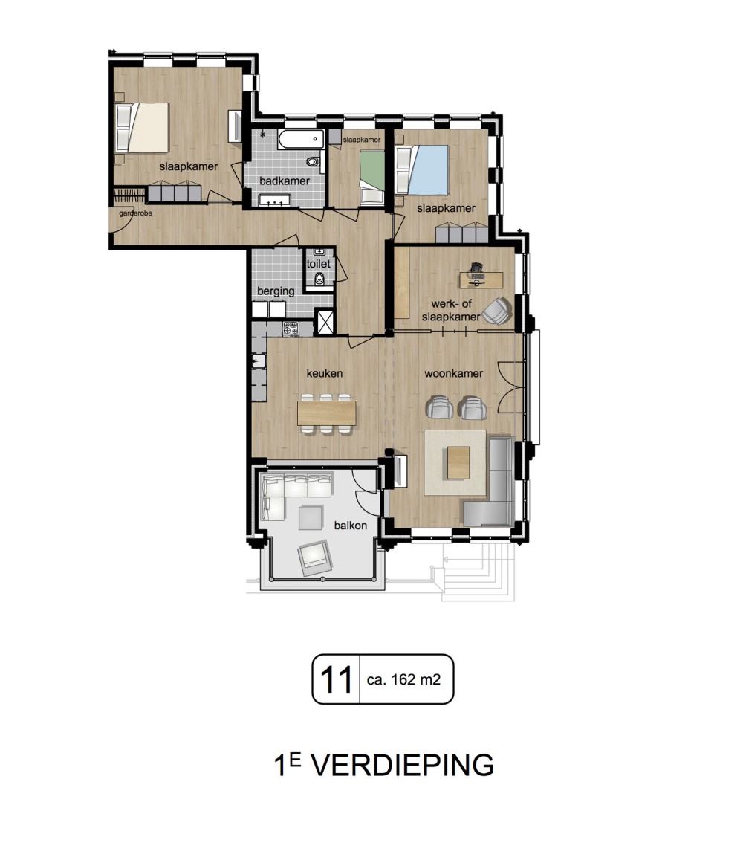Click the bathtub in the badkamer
[301, 139]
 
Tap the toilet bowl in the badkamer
[313, 162]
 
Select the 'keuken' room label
[325, 373]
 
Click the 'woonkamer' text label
[453, 373]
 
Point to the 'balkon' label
[351, 526]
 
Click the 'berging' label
[276, 291]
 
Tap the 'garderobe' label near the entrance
[135, 213]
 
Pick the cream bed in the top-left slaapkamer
[142, 128]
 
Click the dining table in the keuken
[327, 413]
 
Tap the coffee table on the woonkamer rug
[458, 463]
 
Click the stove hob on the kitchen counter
[291, 329]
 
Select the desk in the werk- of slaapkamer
[481, 280]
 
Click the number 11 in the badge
[336, 679]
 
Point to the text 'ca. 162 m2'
[403, 679]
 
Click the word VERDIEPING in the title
[403, 765]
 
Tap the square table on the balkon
[311, 518]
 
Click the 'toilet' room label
[318, 264]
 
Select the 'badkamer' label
[285, 181]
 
